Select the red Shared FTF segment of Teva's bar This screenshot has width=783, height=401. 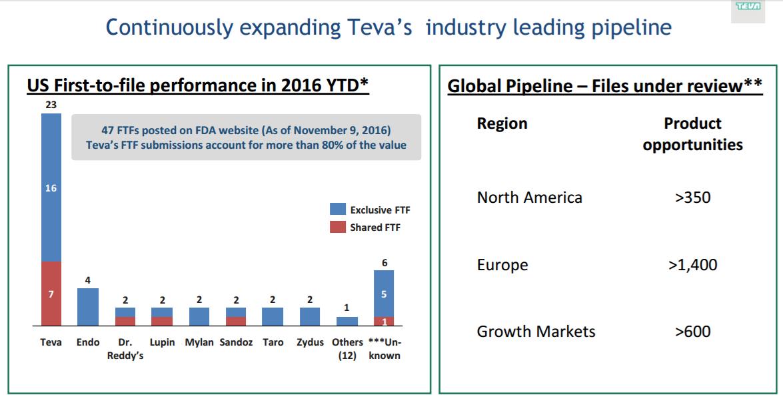51,294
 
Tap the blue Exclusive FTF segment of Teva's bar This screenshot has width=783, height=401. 51,187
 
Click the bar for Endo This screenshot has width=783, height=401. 88,307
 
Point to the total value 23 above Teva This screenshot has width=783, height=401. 51,105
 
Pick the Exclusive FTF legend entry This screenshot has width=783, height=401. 370,210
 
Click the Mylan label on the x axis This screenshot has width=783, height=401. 199,342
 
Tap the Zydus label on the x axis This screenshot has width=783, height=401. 310,342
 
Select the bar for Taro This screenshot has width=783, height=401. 273,316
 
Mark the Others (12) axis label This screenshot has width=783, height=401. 347,348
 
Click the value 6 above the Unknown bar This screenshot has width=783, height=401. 385,263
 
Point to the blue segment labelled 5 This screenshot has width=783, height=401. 384,294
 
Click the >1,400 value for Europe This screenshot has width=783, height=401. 692,265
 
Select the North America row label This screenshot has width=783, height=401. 529,197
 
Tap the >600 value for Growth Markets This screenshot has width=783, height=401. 692,332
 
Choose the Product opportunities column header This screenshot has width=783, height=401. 692,134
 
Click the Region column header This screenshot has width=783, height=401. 502,123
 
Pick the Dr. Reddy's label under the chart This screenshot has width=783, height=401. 125,348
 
